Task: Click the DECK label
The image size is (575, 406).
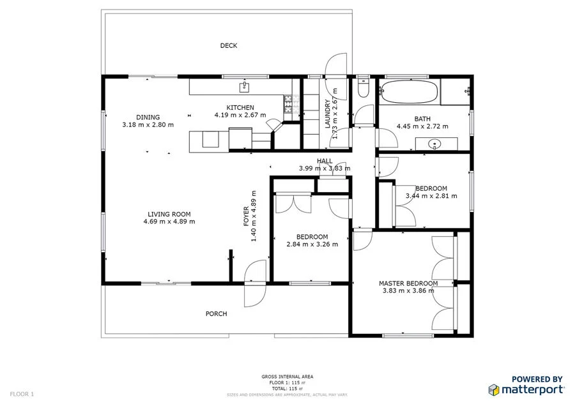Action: [x=229, y=45]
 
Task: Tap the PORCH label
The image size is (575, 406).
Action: [x=216, y=313]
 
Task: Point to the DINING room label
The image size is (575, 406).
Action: [x=148, y=117]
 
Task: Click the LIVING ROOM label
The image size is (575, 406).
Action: [x=169, y=214]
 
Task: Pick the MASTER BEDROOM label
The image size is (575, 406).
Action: [x=408, y=283]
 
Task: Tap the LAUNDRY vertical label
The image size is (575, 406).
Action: [x=327, y=114]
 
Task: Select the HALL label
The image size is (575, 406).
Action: [x=325, y=161]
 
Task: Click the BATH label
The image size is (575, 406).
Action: [x=422, y=118]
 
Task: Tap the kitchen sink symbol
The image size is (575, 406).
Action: [x=244, y=86]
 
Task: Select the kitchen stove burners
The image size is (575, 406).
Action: [x=288, y=100]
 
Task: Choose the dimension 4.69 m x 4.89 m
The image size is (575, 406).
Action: [x=169, y=222]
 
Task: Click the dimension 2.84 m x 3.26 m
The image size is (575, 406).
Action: [x=312, y=244]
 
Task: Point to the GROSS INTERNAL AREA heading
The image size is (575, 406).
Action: [x=287, y=377]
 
